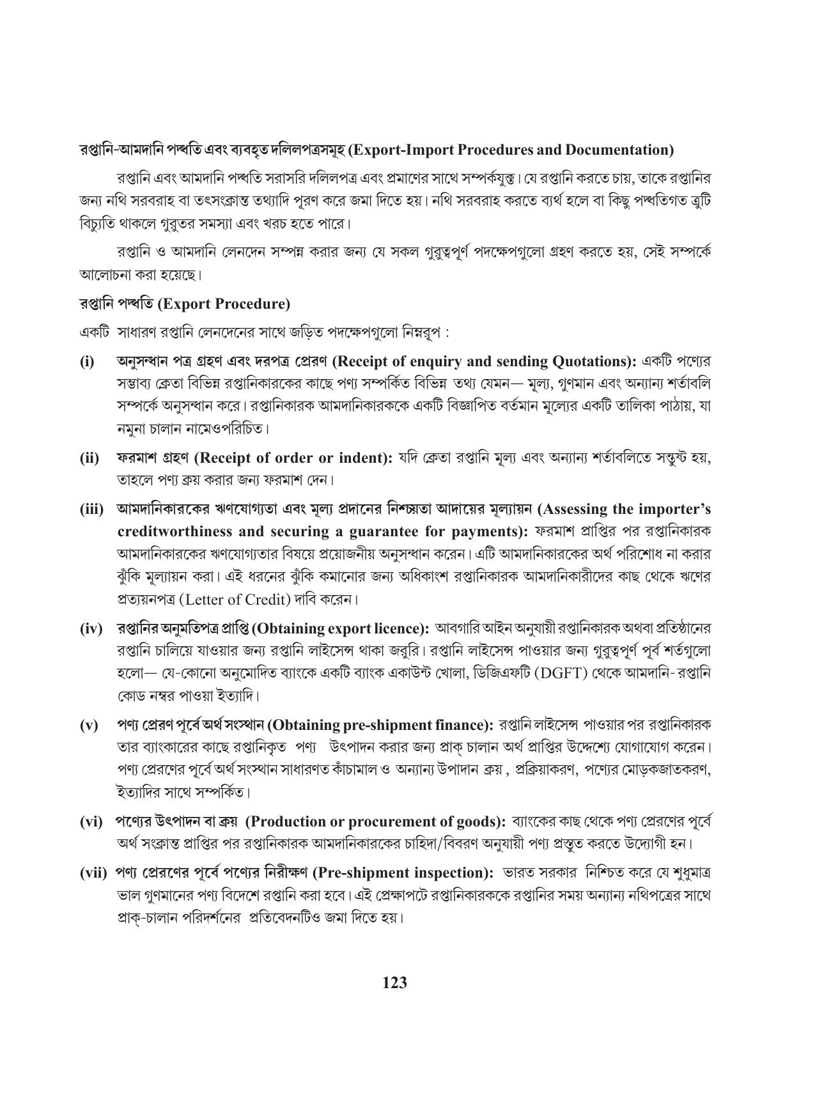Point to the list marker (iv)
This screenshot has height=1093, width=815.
(x=91, y=629)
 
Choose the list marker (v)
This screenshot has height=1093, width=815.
(x=88, y=725)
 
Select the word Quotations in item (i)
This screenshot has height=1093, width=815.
(x=589, y=362)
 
